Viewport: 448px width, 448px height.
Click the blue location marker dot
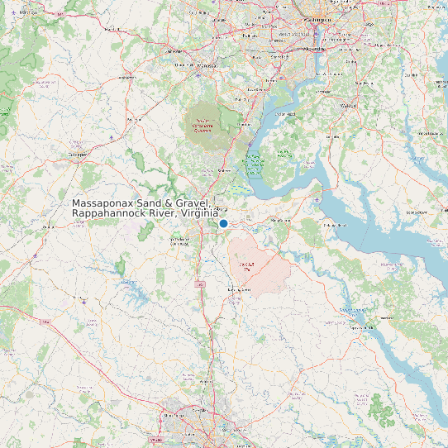(223, 223)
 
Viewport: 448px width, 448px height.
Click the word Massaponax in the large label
(105, 203)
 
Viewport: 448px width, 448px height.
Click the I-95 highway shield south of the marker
(200, 284)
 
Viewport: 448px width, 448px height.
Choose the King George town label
(282, 222)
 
